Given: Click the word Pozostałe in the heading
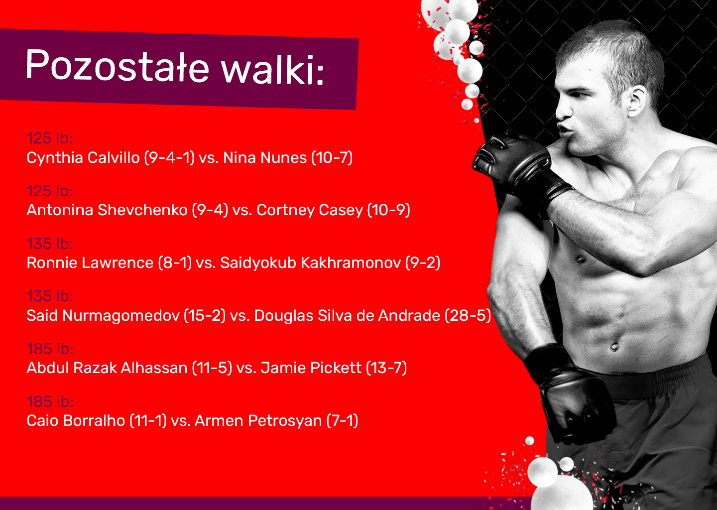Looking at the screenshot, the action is (118, 65).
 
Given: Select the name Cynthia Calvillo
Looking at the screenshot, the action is (83, 158).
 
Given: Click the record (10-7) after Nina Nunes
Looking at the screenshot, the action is (332, 158).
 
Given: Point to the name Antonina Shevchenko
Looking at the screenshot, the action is (107, 210).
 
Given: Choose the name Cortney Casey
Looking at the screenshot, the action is (310, 210).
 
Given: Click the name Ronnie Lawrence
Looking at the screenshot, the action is (90, 263).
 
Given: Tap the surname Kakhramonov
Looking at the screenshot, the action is (351, 263).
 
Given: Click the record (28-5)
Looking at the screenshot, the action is (468, 316).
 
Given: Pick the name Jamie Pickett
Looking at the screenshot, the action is (311, 368).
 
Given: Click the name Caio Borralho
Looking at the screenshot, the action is (76, 421).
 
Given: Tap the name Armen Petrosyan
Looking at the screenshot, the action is (258, 421).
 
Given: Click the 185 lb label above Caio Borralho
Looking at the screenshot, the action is (50, 402).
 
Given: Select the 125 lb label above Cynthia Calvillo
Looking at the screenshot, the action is (50, 138).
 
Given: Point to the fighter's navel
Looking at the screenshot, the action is (614, 347).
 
